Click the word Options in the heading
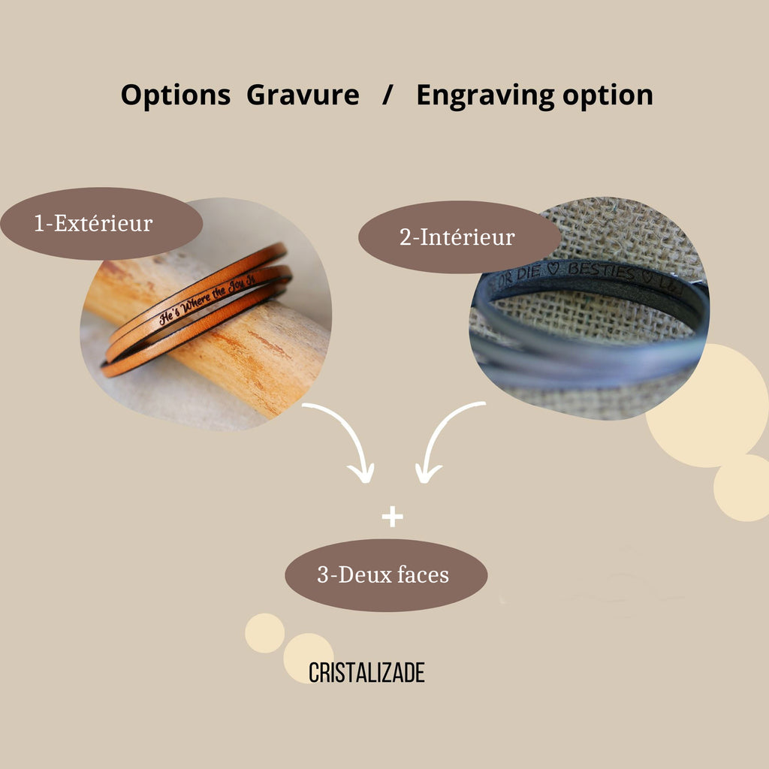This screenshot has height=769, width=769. click(x=175, y=95)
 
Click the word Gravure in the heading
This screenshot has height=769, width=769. click(x=302, y=95)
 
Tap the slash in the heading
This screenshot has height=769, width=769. click(x=387, y=95)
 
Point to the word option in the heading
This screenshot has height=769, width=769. click(x=608, y=95)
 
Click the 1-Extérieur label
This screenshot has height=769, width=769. click(x=93, y=223)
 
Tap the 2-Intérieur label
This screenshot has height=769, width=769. click(x=457, y=237)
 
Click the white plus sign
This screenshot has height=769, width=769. click(x=392, y=517)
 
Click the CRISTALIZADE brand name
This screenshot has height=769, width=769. click(x=366, y=673)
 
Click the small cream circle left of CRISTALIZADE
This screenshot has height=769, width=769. click(x=264, y=632)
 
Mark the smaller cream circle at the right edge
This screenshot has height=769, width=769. click(x=743, y=488)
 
